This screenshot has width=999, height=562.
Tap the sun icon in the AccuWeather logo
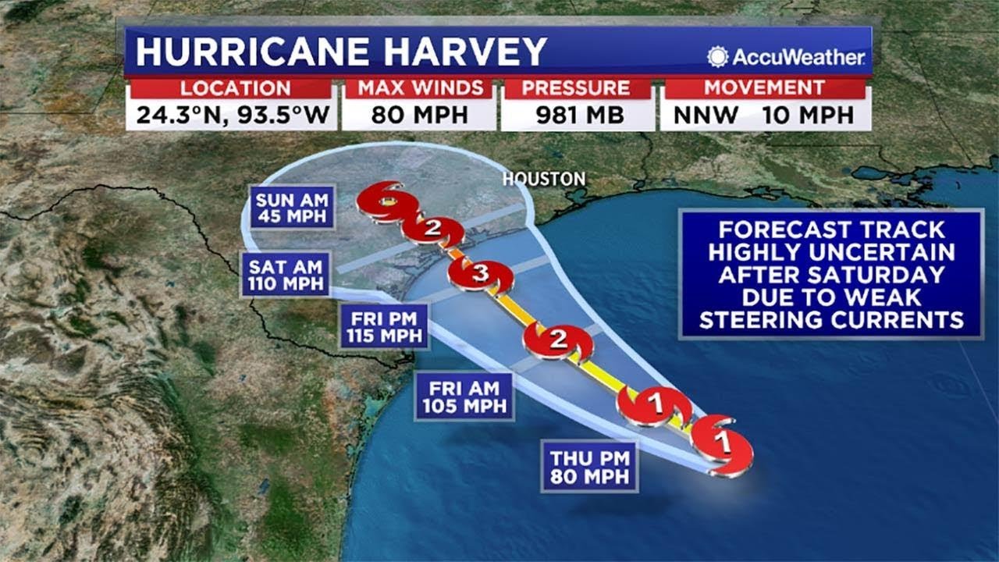(717, 56)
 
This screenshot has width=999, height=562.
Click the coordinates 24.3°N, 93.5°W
(232, 116)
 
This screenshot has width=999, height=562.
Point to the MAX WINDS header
(419, 88)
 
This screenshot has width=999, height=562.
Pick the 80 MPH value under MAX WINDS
(419, 116)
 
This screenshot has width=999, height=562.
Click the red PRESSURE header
(577, 88)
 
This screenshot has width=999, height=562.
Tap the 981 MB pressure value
(577, 116)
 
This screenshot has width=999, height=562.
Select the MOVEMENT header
(764, 88)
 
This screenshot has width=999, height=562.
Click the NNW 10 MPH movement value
(764, 116)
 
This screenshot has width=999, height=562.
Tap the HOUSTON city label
(544, 179)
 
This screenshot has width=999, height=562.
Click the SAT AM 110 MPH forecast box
(286, 274)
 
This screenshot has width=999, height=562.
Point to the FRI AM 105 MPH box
(464, 397)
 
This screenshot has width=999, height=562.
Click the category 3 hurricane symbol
(480, 274)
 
